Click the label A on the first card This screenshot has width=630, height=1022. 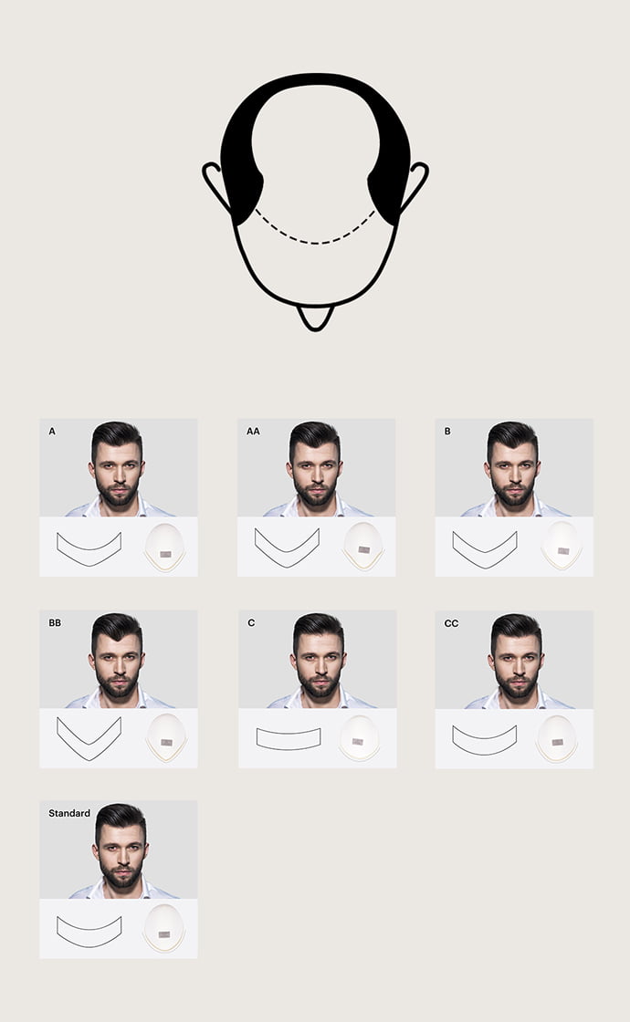point(52,431)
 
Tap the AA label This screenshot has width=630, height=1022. point(253,431)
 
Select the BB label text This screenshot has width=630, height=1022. point(55,622)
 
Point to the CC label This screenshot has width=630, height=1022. point(451,623)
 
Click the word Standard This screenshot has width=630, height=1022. point(69,813)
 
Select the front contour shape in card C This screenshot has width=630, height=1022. point(289,748)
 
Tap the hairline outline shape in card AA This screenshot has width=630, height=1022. point(287,565)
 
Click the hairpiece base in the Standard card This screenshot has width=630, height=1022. point(163,927)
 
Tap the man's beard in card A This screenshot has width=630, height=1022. point(118,494)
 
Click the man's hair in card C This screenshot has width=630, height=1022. point(319,627)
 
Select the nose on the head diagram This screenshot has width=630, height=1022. point(316,318)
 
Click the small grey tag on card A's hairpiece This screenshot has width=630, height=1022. point(165,554)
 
